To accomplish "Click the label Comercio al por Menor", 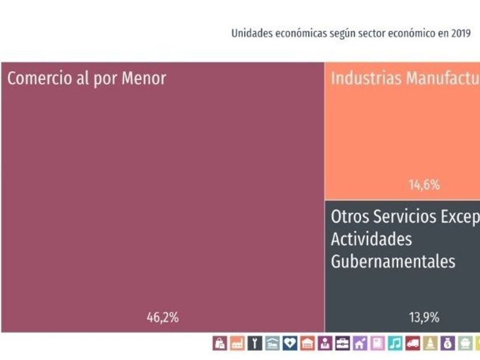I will (86, 78).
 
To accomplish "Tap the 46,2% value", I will (163, 318).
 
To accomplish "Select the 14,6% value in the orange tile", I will (424, 185).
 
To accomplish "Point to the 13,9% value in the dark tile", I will (424, 318).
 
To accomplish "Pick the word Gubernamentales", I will (393, 261).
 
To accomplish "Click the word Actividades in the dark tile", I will (371, 238).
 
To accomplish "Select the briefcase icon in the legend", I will (342, 343).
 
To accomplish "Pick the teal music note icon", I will (395, 343).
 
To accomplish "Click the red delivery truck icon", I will (413, 343).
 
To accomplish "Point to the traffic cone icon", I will (430, 343).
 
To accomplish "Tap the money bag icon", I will (447, 343).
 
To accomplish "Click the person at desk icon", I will (325, 343).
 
